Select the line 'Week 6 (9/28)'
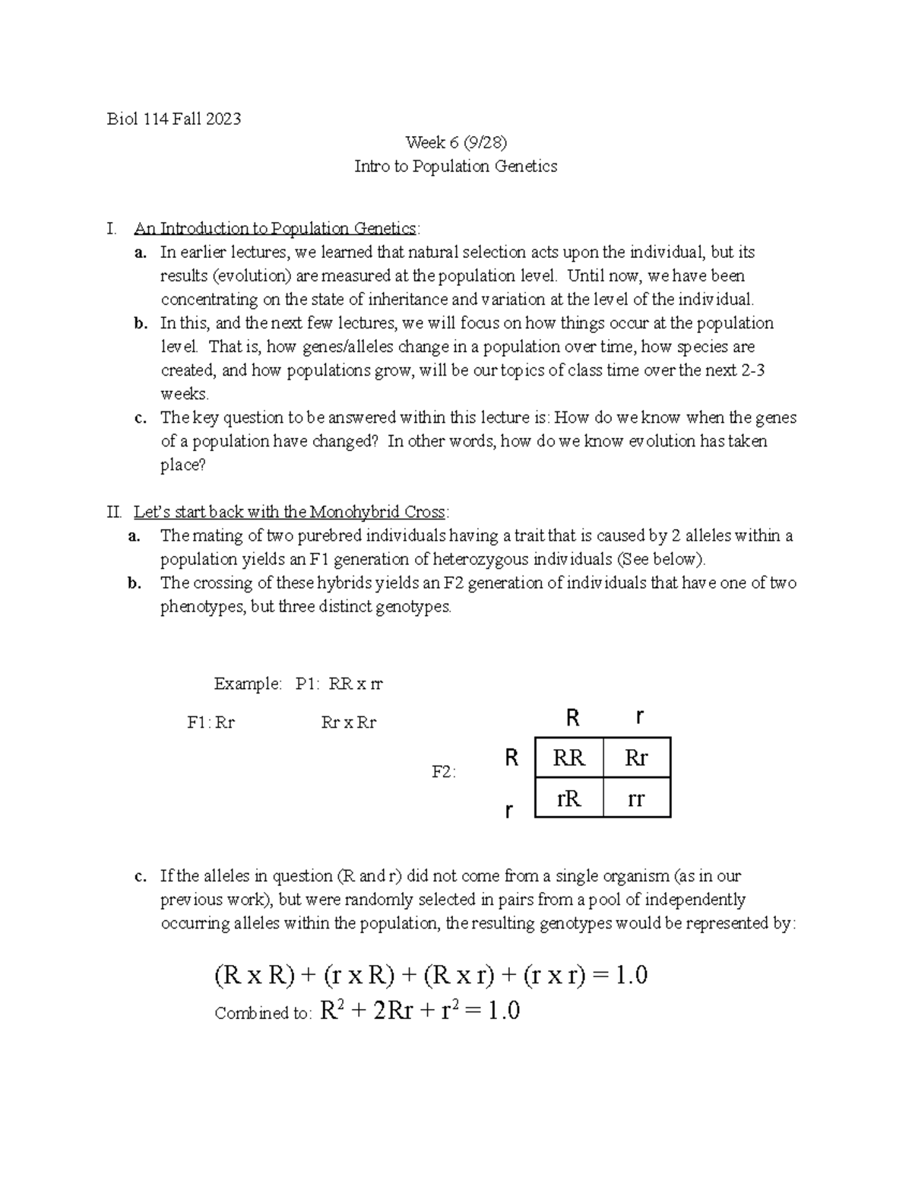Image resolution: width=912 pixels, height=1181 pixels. [x=455, y=142]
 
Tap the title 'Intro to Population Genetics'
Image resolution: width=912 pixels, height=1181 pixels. [x=455, y=166]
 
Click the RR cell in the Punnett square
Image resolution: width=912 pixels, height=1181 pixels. [x=568, y=757]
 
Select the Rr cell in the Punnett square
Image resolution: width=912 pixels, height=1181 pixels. [x=636, y=757]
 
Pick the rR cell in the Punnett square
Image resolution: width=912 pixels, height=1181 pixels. [x=568, y=798]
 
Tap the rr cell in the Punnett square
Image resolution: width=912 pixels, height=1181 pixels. [x=636, y=798]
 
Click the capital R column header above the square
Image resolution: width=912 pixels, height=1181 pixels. [x=573, y=717]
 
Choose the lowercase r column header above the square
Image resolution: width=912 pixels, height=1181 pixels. [x=640, y=717]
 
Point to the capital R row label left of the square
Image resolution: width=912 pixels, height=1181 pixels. [x=511, y=757]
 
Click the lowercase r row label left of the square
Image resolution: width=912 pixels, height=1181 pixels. [x=508, y=811]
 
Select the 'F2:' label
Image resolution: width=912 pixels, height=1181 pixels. [x=444, y=772]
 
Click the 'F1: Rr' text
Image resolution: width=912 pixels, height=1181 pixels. [x=211, y=722]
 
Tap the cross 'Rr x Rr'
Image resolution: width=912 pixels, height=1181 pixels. [x=349, y=722]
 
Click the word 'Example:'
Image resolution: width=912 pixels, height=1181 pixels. [x=248, y=684]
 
